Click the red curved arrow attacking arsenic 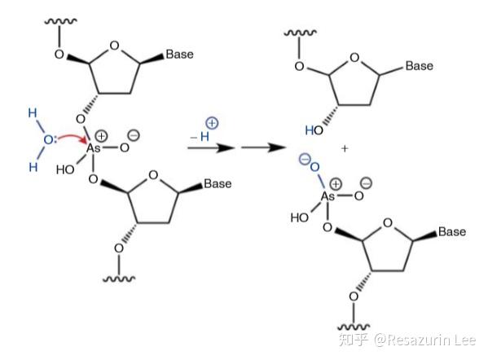(x=73, y=136)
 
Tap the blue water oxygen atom (x=48, y=140)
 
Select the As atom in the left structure (x=93, y=148)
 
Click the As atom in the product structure (x=328, y=196)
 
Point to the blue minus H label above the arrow (x=200, y=136)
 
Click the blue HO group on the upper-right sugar (x=314, y=130)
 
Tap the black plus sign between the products (x=345, y=148)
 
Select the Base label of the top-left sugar (x=179, y=54)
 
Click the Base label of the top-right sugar (x=420, y=66)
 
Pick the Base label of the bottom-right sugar (x=452, y=231)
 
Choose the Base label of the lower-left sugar (x=218, y=183)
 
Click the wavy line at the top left (x=60, y=21)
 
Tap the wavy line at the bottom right (x=354, y=327)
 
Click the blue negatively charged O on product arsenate (x=314, y=167)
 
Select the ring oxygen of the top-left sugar (x=115, y=46)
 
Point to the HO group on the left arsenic (x=65, y=169)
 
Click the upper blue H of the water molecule (x=33, y=112)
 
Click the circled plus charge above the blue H (x=212, y=123)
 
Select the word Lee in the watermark (x=464, y=340)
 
